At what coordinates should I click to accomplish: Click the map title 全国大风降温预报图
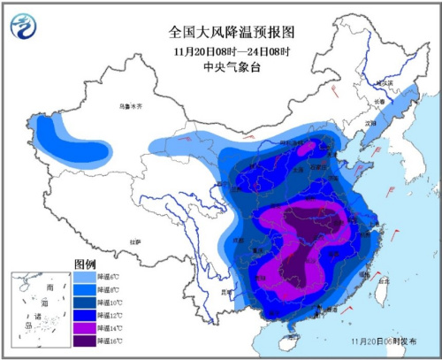pyautogui.click(x=231, y=31)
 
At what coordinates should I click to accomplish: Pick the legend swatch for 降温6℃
pyautogui.click(x=82, y=278)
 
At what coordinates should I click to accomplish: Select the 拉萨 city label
pyautogui.click(x=134, y=241)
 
